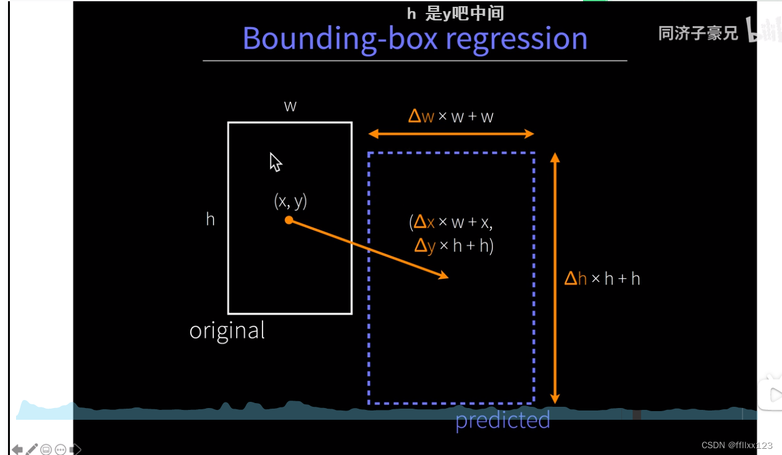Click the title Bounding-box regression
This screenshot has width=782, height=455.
click(415, 38)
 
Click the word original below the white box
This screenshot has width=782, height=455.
click(227, 331)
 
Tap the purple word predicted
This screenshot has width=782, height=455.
click(502, 420)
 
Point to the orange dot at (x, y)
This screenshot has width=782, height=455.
click(288, 220)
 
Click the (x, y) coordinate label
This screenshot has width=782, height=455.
click(290, 201)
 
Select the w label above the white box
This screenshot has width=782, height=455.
click(290, 106)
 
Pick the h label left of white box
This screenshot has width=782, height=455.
click(210, 219)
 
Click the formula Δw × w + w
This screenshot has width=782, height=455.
click(450, 116)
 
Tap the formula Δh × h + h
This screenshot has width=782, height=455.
click(602, 279)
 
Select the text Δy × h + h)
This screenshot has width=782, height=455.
click(454, 246)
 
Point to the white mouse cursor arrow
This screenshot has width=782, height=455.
click(275, 162)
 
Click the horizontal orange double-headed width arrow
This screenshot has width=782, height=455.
click(451, 134)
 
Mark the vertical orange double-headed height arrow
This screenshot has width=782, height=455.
click(555, 278)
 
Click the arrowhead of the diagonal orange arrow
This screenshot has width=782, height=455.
click(444, 276)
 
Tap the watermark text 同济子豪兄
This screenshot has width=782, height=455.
click(698, 33)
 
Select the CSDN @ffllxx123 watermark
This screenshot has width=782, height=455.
click(737, 445)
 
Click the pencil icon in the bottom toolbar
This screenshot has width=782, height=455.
click(32, 449)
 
